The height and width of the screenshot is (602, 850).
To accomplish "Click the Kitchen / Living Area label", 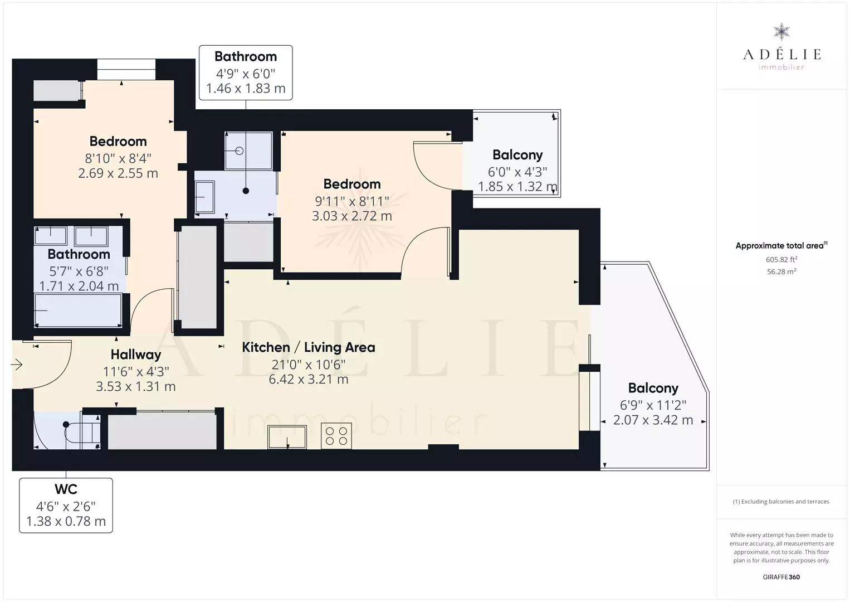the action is click(309, 347).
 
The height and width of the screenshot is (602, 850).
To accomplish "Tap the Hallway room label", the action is click(136, 355).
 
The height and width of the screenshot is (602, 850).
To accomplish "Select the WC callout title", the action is click(66, 489).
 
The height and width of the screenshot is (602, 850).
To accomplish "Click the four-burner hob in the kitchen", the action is click(336, 436).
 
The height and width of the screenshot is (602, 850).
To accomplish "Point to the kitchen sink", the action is click(287, 437).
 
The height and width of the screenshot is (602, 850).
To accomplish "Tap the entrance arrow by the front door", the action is click(16, 365).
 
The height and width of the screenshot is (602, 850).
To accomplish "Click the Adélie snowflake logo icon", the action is click(781, 32).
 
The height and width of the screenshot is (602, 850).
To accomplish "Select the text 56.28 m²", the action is click(781, 271).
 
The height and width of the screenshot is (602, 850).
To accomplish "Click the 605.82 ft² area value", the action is click(781, 259).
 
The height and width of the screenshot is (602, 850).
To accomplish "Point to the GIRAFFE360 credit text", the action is click(781, 577).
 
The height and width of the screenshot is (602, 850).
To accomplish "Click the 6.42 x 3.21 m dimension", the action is click(309, 379).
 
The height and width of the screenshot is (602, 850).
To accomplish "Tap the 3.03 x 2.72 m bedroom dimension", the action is click(352, 216).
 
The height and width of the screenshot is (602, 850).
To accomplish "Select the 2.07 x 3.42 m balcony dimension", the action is click(653, 420).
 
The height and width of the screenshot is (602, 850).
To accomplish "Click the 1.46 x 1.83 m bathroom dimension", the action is click(246, 88).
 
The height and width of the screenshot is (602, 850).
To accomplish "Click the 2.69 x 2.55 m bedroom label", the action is click(118, 173).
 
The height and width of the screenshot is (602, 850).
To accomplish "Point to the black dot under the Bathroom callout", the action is click(246, 191).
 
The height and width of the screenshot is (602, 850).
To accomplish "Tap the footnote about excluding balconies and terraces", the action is click(781, 501).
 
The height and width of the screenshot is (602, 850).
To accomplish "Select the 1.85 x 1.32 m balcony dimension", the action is click(517, 187).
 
